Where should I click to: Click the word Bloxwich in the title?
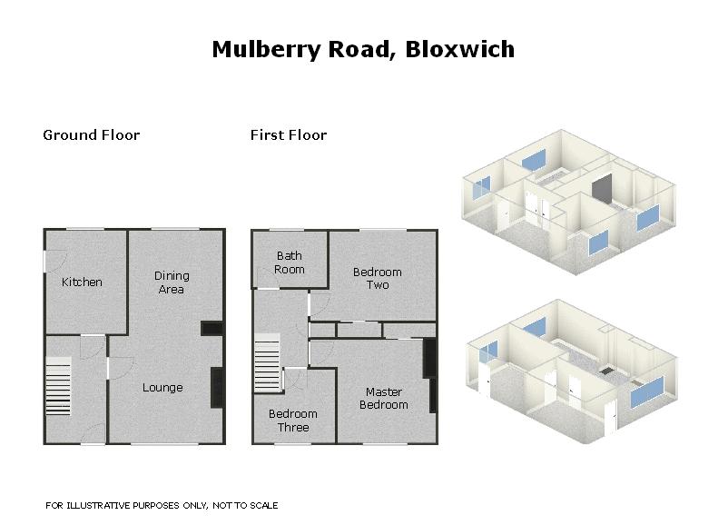coord(459,49)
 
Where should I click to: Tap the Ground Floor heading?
coord(91,135)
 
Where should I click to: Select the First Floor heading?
coord(289,135)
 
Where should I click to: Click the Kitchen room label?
coord(82,282)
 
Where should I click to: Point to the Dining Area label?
coord(172,282)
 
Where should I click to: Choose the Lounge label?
coord(162,388)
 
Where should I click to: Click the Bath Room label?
coord(290,262)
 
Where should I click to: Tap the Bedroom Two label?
coord(378,278)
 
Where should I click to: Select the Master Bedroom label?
coord(384,398)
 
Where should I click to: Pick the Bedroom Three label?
coord(293,421)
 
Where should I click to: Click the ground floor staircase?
coord(58,386)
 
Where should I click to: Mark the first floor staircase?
coord(267,362)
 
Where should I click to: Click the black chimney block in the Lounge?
coord(217,388)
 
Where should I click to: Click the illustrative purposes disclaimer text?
coord(162,506)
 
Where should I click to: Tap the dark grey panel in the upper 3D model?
coord(602,189)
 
